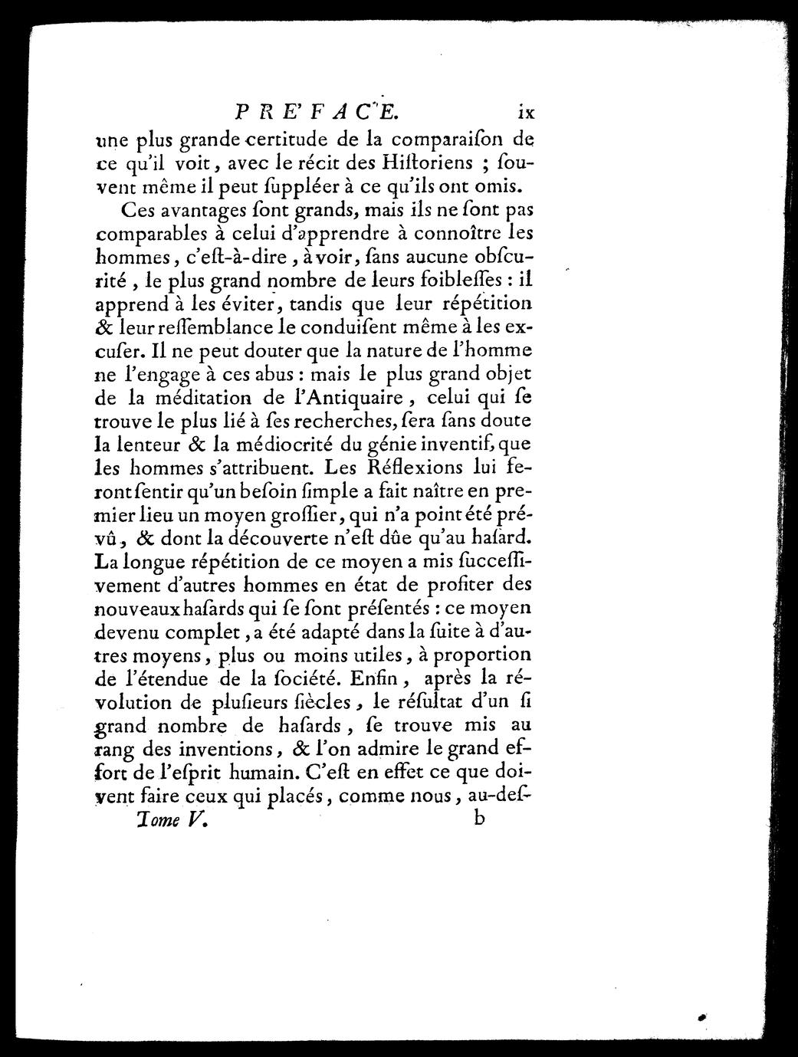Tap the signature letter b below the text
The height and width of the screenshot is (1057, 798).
tap(481, 818)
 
